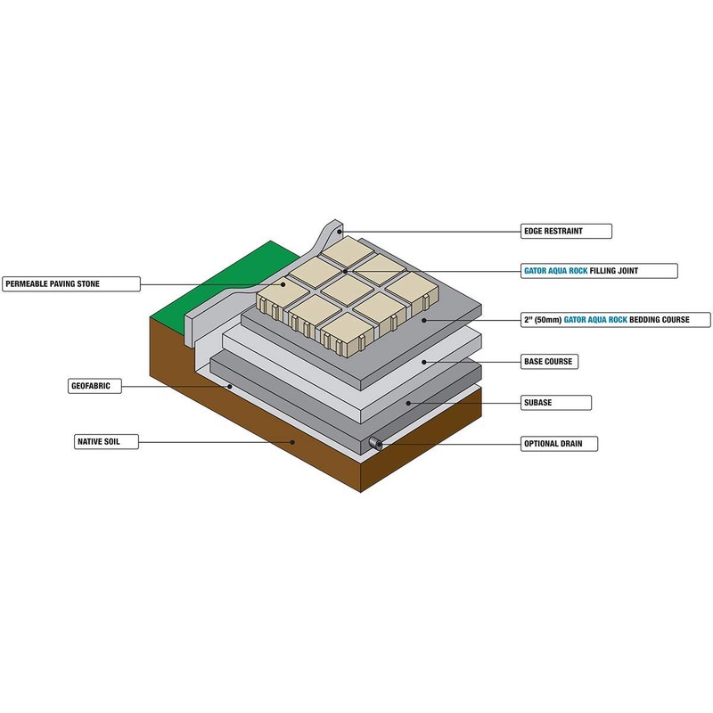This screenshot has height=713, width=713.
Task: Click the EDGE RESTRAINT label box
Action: pyautogui.click(x=566, y=231)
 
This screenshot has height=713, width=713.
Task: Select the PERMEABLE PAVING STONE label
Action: pyautogui.click(x=70, y=284)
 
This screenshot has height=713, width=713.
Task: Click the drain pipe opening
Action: pyautogui.click(x=375, y=443)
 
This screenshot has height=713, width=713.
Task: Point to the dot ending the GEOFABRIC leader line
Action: pyautogui.click(x=230, y=387)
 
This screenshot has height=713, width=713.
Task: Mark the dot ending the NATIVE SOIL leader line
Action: pyautogui.click(x=292, y=440)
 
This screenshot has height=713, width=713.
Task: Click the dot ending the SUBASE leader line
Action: pyautogui.click(x=408, y=403)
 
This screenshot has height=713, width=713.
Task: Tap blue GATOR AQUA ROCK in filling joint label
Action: pyautogui.click(x=554, y=269)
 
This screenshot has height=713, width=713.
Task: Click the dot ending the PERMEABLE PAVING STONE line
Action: pyautogui.click(x=286, y=284)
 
